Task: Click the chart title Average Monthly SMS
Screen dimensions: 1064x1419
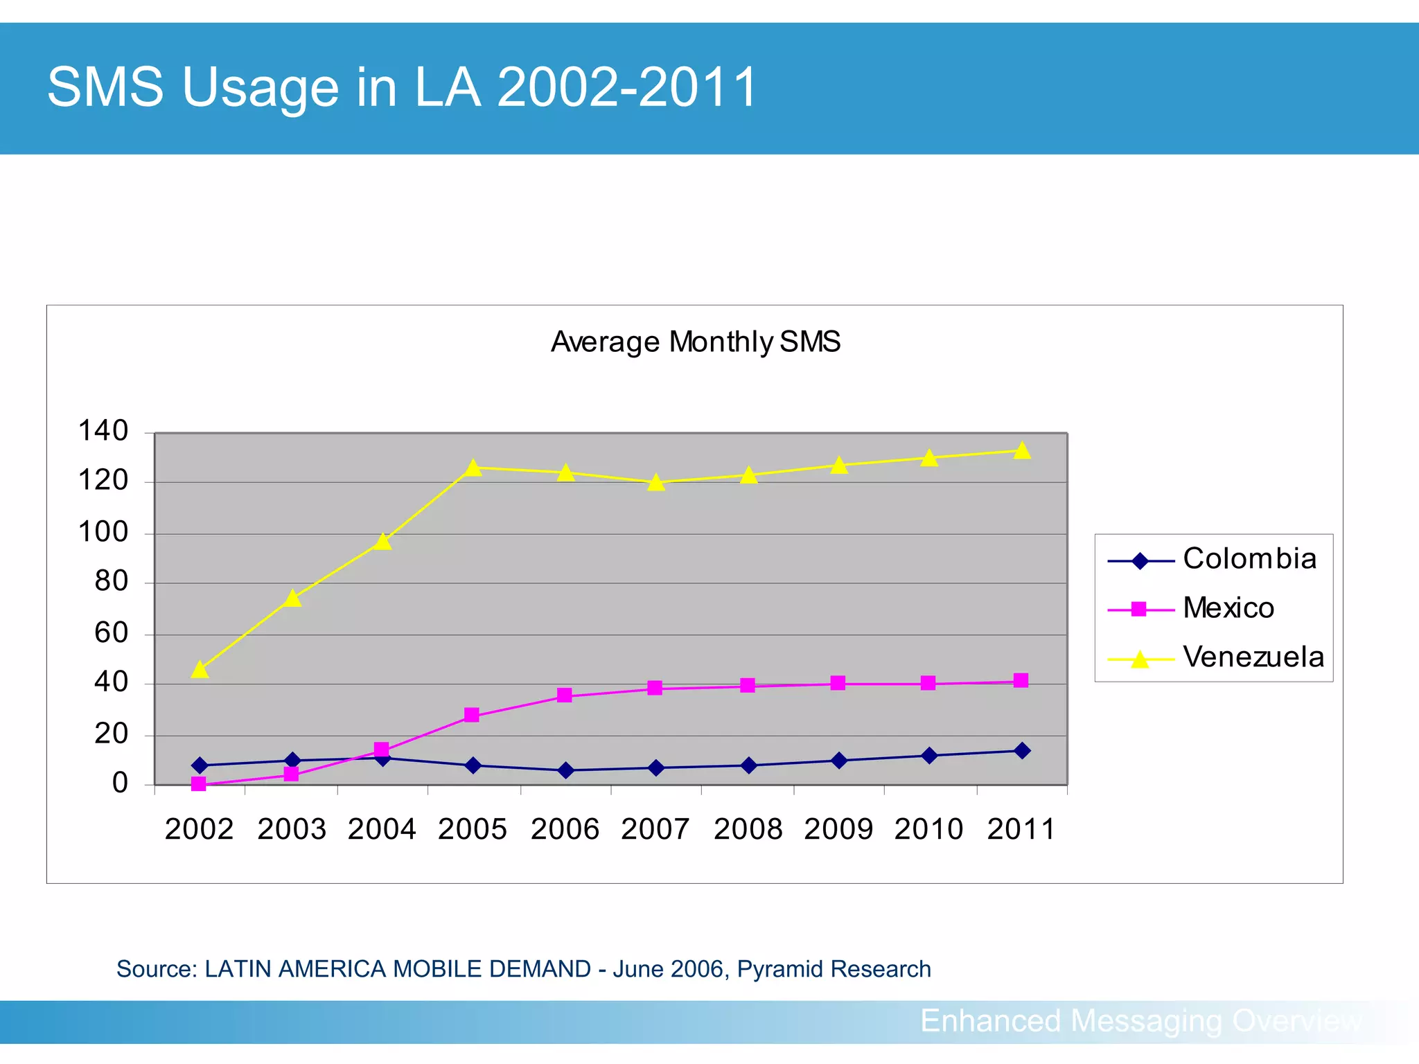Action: click(x=695, y=342)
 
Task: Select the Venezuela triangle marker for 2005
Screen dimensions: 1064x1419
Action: click(x=473, y=468)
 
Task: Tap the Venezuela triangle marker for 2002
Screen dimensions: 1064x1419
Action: click(x=200, y=670)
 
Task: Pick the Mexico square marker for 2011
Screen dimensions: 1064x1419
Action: click(x=1021, y=680)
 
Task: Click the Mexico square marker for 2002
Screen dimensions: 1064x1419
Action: click(x=199, y=783)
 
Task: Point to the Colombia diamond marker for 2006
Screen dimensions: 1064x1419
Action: click(x=565, y=770)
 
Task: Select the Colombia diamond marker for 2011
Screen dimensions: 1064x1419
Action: click(x=1021, y=751)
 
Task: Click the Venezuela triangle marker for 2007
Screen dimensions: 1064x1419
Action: click(x=656, y=483)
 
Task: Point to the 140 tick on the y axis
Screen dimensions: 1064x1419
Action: click(x=103, y=431)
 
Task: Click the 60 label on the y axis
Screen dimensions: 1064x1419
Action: click(x=112, y=632)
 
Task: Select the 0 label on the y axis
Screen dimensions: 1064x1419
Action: click(x=120, y=783)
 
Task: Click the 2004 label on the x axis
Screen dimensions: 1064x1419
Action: click(x=382, y=829)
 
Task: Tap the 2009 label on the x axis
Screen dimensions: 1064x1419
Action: click(x=838, y=829)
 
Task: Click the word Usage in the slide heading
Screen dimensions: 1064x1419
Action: click(x=261, y=88)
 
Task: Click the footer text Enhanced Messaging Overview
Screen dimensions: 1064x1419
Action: click(x=1140, y=1020)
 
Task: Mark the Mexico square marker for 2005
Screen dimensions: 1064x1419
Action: click(x=472, y=714)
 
